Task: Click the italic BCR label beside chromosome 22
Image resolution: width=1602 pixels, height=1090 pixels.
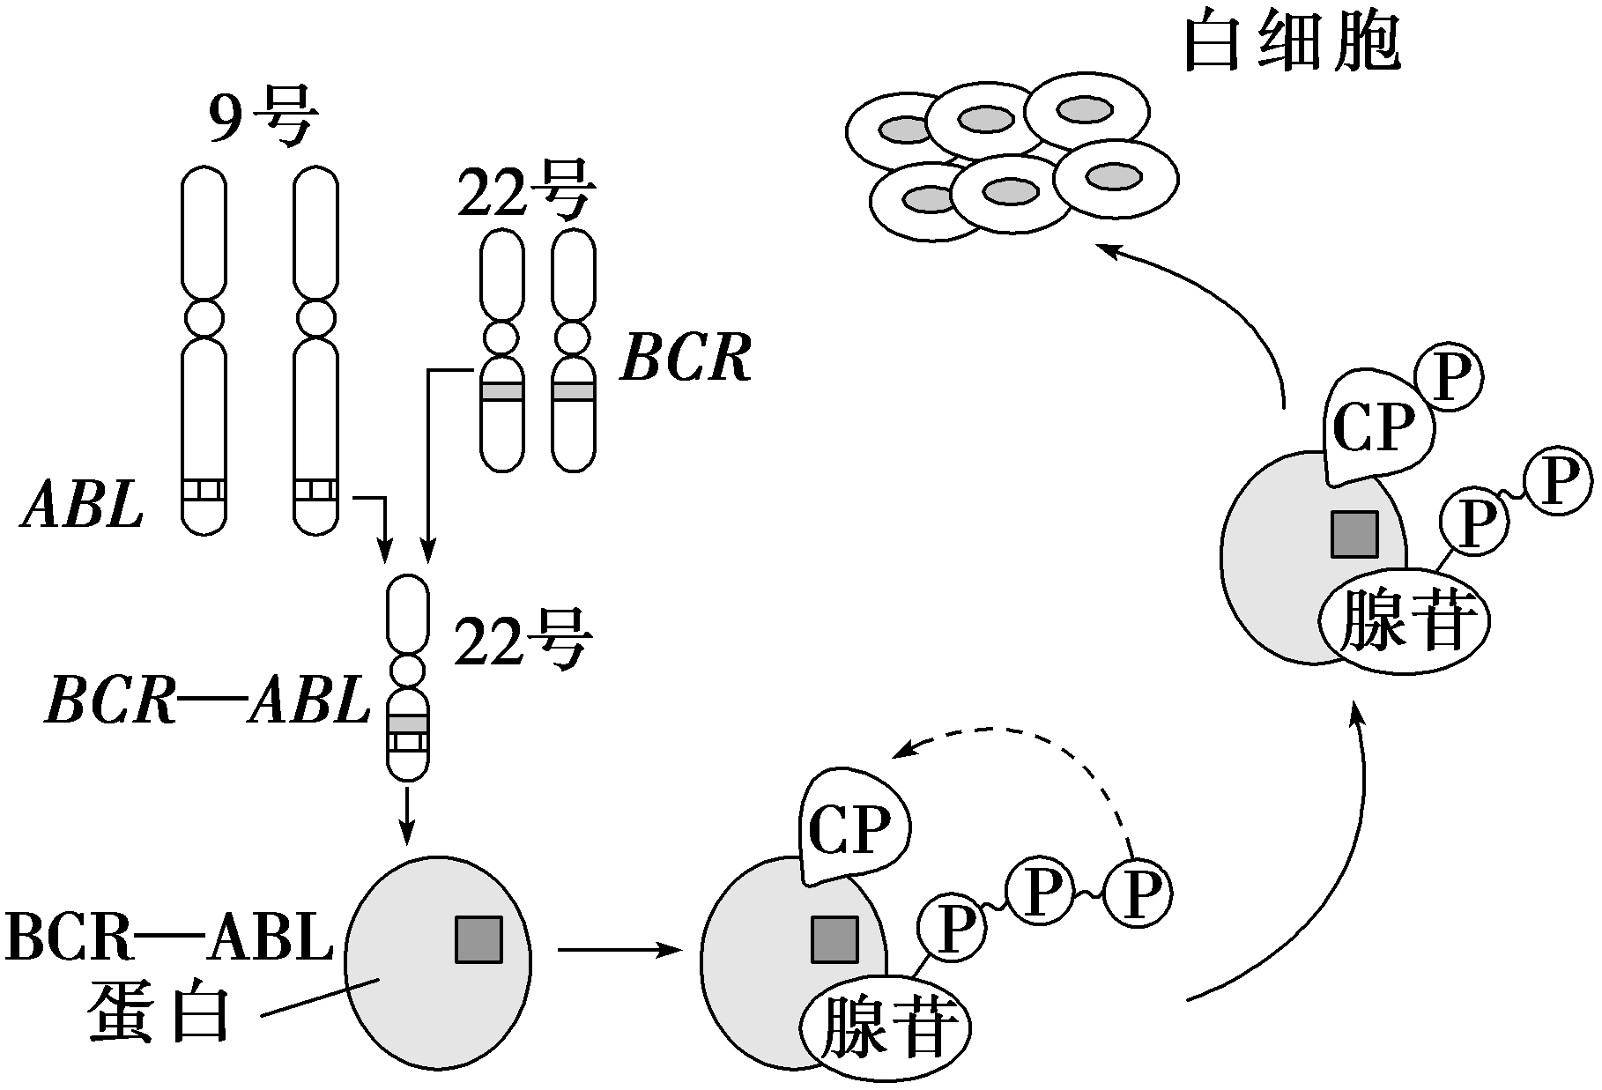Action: (686, 360)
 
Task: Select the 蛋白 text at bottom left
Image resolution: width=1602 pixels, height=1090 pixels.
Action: (159, 1013)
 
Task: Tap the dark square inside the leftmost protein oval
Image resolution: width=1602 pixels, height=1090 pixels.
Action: (478, 939)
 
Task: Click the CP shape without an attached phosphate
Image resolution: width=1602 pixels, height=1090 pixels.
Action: (853, 828)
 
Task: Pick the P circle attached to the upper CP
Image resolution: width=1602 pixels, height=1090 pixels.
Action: (1449, 380)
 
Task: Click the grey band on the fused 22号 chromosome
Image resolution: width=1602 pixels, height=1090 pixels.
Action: (407, 723)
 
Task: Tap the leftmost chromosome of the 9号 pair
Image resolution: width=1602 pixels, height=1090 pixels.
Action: (204, 352)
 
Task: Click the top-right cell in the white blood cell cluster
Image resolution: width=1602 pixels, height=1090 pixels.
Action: (1087, 112)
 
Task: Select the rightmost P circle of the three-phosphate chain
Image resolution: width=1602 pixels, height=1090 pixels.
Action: (1138, 895)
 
